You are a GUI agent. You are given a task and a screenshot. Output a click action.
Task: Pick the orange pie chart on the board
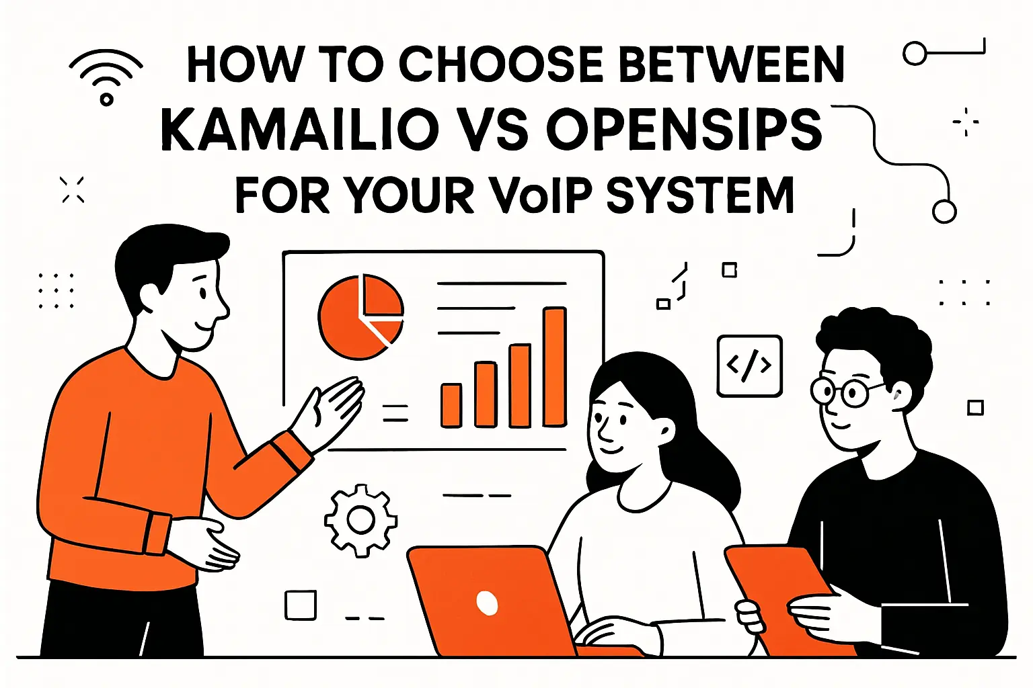(360, 316)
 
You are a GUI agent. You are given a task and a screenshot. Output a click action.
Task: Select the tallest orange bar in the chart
(555, 366)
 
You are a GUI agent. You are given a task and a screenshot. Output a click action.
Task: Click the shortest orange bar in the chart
(451, 405)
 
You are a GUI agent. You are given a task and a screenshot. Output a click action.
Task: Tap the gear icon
(360, 519)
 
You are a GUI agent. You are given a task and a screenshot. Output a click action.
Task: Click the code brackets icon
(749, 365)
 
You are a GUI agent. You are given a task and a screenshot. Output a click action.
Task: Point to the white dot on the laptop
(487, 602)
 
